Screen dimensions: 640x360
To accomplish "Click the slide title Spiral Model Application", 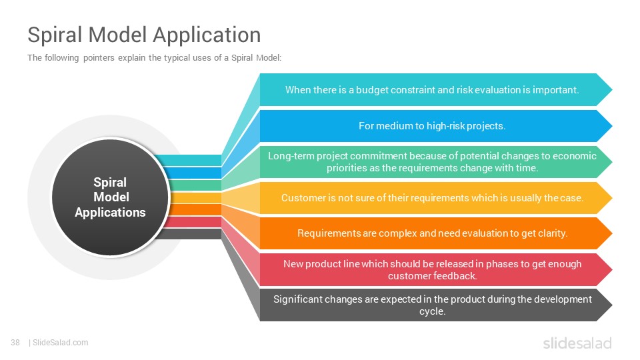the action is pyautogui.click(x=144, y=35).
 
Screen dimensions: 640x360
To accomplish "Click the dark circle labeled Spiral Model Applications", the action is pyautogui.click(x=110, y=197).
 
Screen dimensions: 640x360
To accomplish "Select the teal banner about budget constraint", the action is pyautogui.click(x=435, y=90).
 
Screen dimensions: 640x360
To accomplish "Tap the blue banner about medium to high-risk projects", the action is pyautogui.click(x=435, y=126).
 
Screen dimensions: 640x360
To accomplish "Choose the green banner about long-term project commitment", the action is pyautogui.click(x=435, y=161).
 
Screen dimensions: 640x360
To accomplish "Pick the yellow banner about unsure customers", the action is pyautogui.click(x=435, y=197).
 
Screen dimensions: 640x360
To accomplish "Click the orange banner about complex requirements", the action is pyautogui.click(x=435, y=233).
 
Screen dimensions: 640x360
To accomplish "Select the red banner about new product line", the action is pyautogui.click(x=435, y=269).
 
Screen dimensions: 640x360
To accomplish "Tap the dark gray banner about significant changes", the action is pyautogui.click(x=435, y=305).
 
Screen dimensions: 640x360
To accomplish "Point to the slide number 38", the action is pyautogui.click(x=15, y=343).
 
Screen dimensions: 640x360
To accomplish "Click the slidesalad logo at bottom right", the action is pyautogui.click(x=577, y=343).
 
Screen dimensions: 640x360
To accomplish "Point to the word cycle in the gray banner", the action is pyautogui.click(x=432, y=311).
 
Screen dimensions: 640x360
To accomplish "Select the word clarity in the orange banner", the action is pyautogui.click(x=553, y=233).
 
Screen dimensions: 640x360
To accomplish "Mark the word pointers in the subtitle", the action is pyautogui.click(x=99, y=58).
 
